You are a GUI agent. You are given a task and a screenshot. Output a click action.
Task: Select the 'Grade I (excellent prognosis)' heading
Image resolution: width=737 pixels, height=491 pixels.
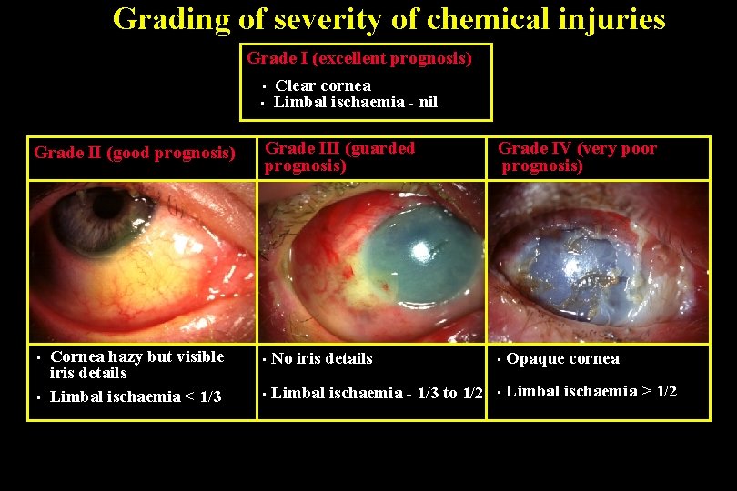tap(359, 58)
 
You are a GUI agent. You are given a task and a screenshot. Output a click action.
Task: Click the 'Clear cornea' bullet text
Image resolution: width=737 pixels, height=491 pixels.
tap(323, 85)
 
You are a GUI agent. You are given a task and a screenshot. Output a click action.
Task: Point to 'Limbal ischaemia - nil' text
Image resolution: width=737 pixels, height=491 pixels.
tap(356, 102)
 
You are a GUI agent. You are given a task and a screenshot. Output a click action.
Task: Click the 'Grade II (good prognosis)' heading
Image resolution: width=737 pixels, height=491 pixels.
tap(135, 152)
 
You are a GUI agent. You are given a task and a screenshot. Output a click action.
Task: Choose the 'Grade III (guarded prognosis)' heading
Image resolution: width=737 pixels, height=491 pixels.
tap(339, 156)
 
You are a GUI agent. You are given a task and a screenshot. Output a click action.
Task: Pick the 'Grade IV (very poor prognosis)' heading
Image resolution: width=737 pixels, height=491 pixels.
tap(577, 156)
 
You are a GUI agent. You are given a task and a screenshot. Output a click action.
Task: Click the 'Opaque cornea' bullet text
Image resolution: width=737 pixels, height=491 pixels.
tap(562, 358)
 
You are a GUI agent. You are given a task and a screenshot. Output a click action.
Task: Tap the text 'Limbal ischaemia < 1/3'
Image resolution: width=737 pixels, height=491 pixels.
tap(136, 396)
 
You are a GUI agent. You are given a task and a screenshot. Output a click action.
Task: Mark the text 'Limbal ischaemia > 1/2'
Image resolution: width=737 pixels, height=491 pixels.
tap(591, 392)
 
